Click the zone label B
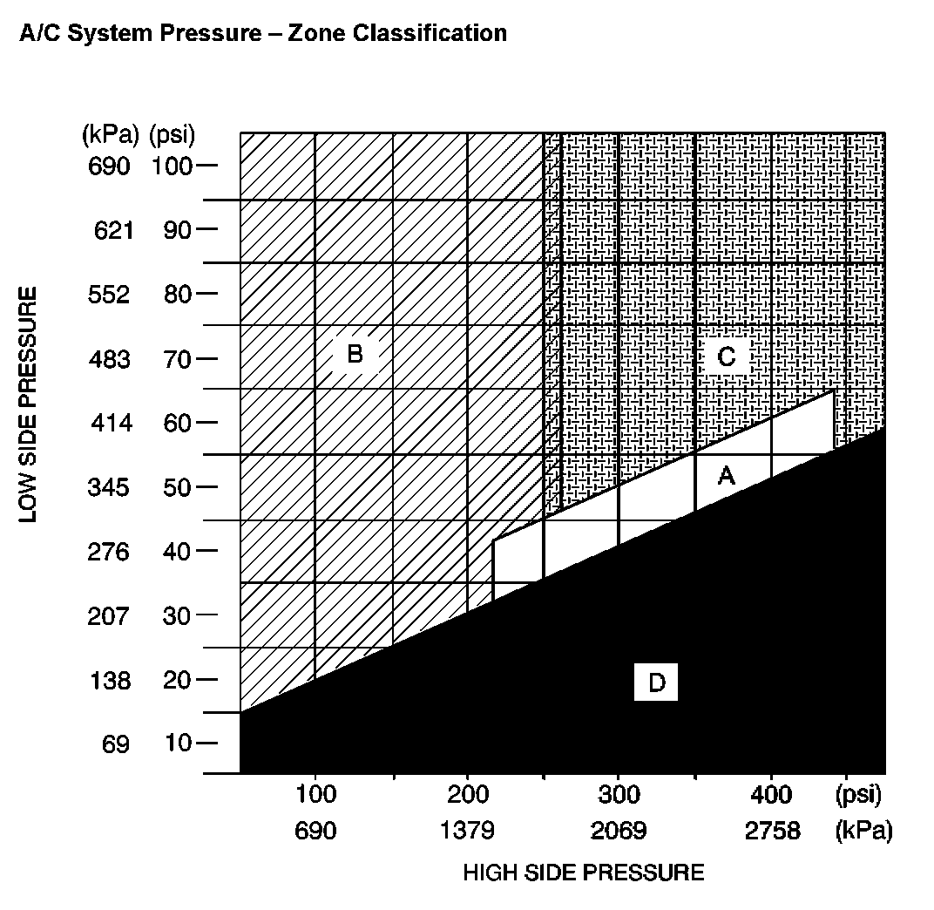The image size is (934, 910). [x=355, y=354]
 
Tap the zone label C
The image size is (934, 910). [x=726, y=357]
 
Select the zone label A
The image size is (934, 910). [x=726, y=476]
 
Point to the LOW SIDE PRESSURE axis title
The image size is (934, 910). [x=29, y=404]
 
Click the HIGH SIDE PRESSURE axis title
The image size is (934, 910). [x=583, y=873]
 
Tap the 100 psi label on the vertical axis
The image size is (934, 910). [x=172, y=166]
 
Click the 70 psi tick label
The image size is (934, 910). [x=177, y=358]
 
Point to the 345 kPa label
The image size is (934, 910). [x=109, y=487]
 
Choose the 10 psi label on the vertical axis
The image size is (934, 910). [x=177, y=744]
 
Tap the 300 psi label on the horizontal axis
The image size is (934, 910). [x=619, y=795]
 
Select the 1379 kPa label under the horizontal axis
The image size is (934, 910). [x=467, y=831]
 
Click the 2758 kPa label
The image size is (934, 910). [x=772, y=831]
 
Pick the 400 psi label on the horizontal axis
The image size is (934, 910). [x=771, y=795]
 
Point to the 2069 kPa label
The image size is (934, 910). [x=619, y=831]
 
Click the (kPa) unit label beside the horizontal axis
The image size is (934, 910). [x=863, y=831]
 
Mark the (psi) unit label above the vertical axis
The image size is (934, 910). [x=172, y=135]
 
